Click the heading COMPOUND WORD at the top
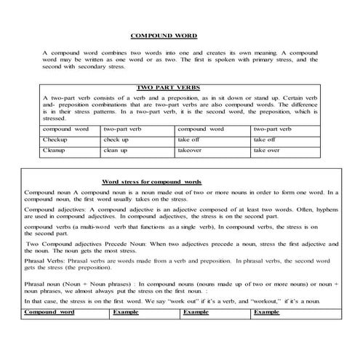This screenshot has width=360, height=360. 163,35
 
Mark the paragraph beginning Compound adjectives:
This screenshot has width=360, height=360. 180,215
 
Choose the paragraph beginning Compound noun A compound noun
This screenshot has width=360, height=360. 180,196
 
